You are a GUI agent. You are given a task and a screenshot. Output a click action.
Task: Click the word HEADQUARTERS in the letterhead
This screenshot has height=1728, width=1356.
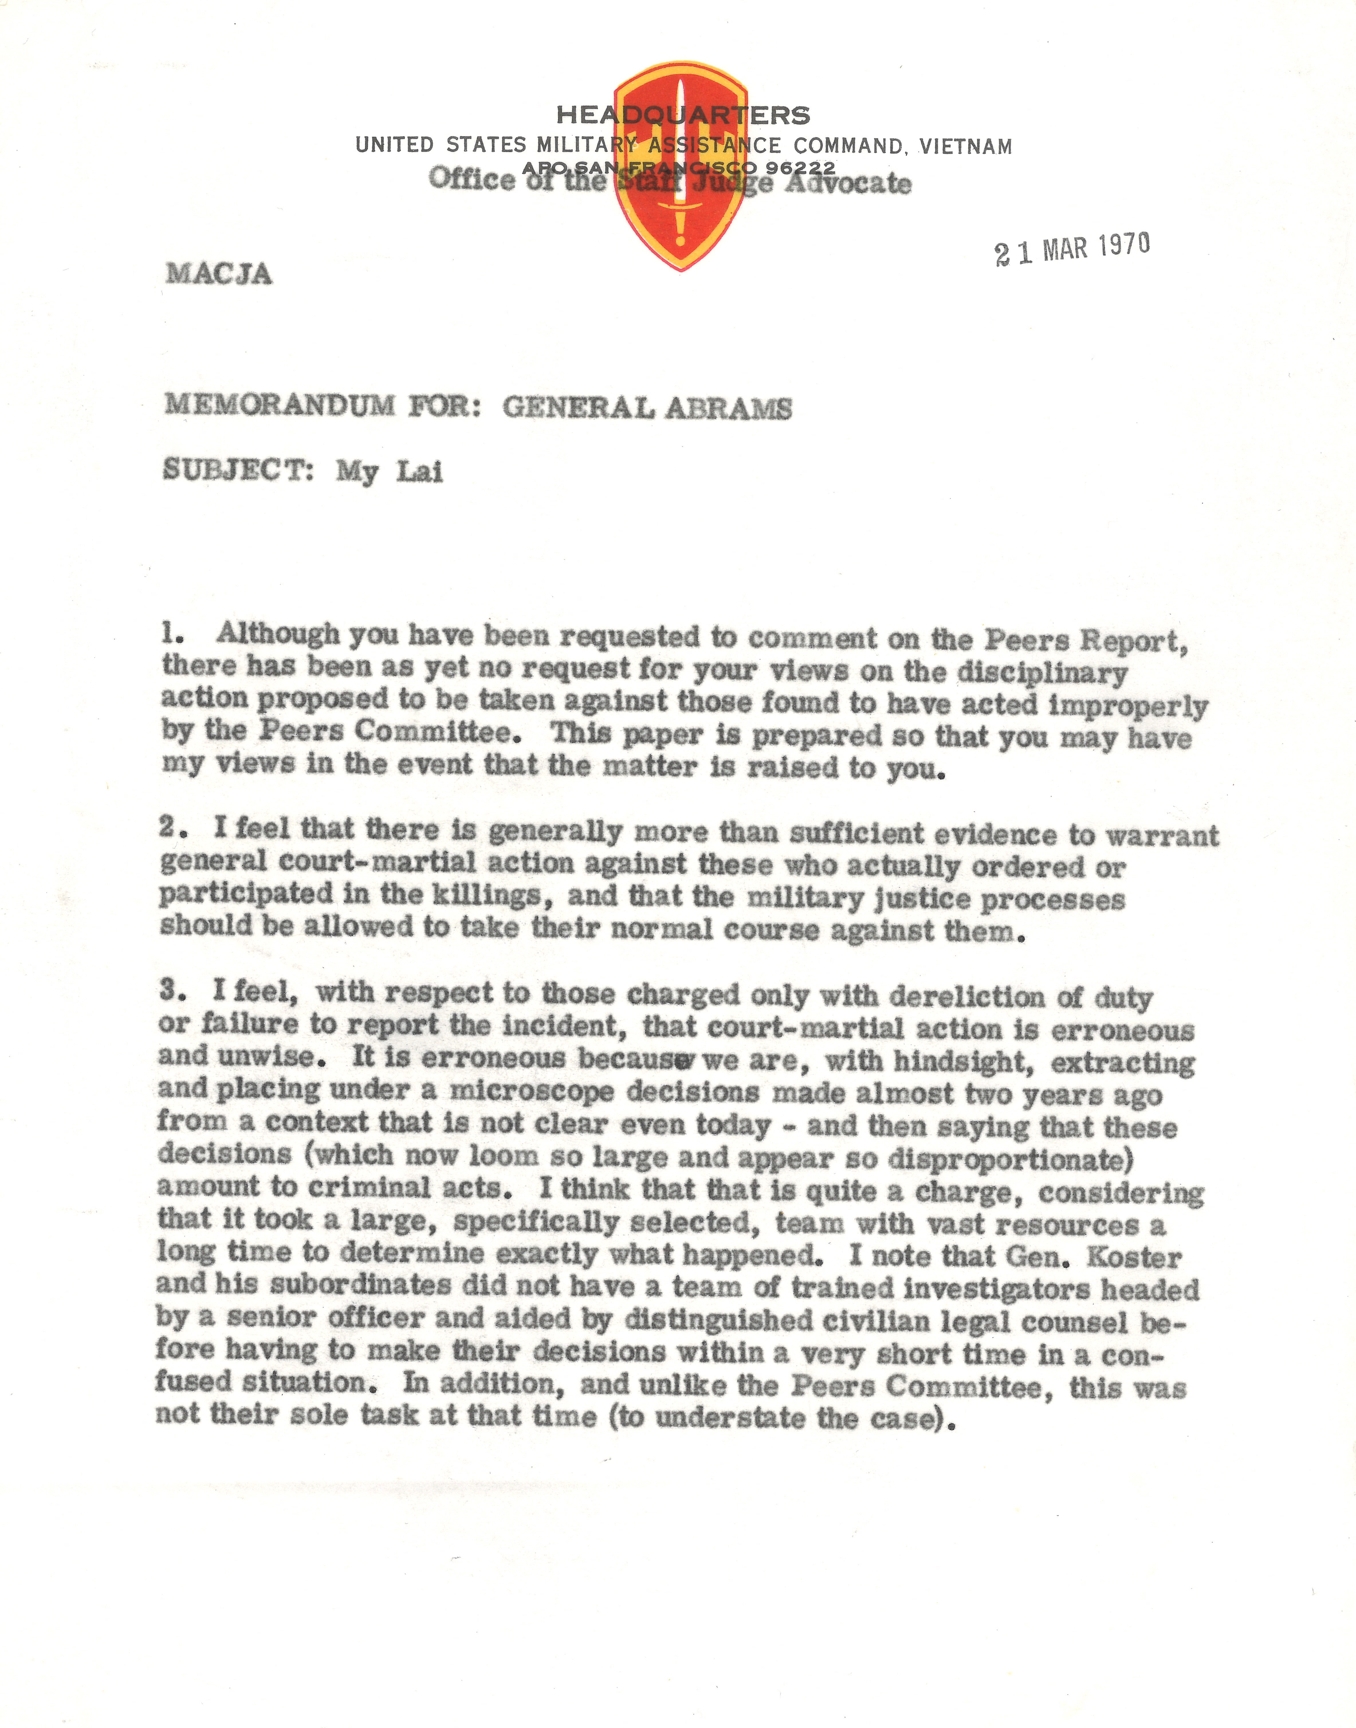683,115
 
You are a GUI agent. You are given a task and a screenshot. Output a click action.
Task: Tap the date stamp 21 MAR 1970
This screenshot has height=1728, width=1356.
1072,249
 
